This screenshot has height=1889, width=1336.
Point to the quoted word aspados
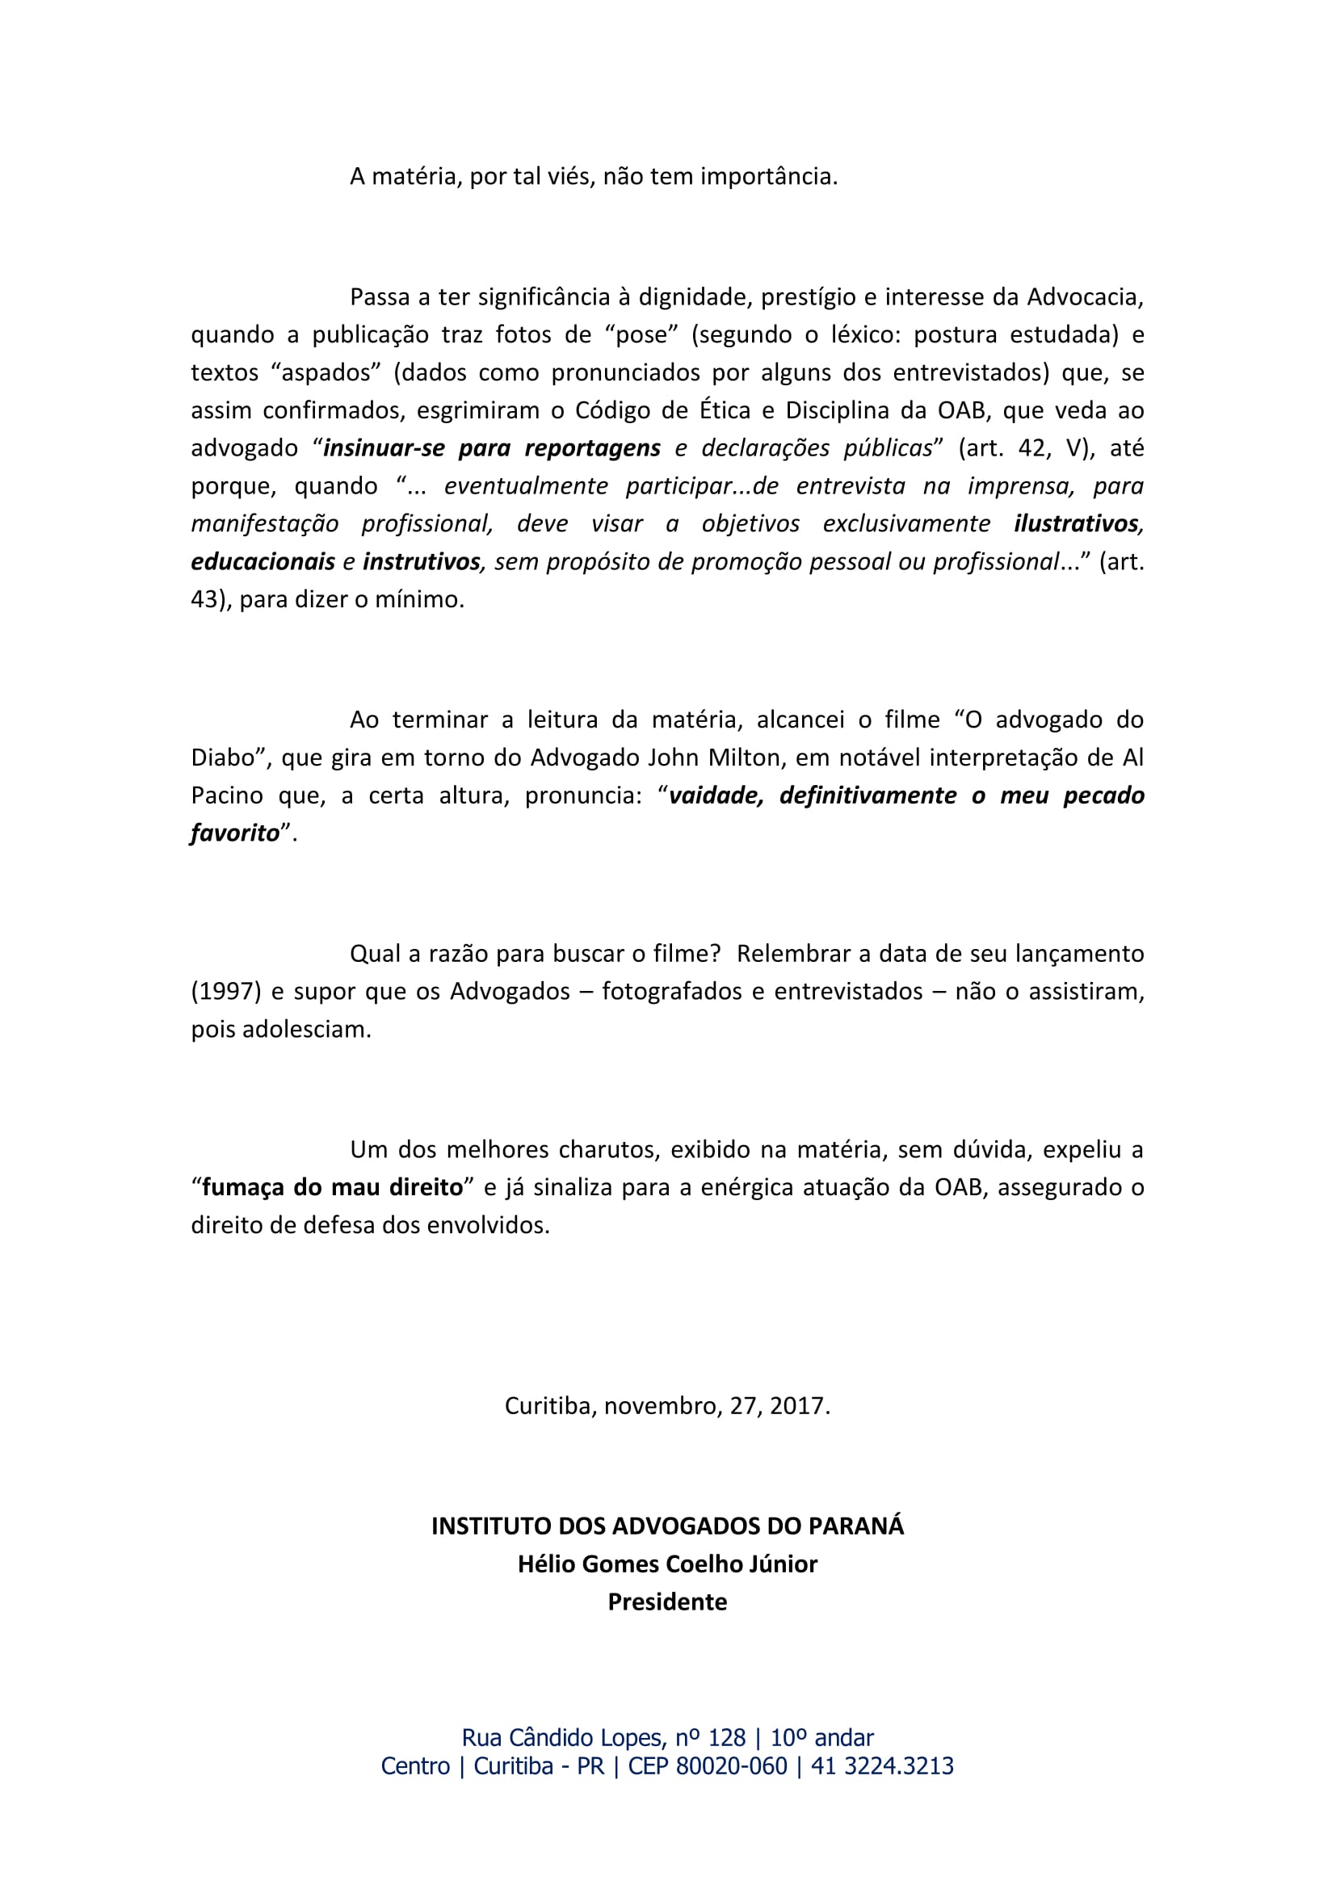point(326,372)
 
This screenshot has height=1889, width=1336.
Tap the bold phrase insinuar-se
point(384,448)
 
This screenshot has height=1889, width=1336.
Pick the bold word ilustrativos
point(1078,524)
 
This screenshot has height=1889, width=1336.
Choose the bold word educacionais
point(263,562)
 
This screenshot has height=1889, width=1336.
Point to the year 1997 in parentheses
point(226,992)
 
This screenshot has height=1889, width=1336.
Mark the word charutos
point(609,1149)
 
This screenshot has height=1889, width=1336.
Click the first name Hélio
point(546,1564)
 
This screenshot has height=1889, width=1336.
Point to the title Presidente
point(667,1601)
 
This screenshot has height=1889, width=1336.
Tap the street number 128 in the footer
point(726,1738)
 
